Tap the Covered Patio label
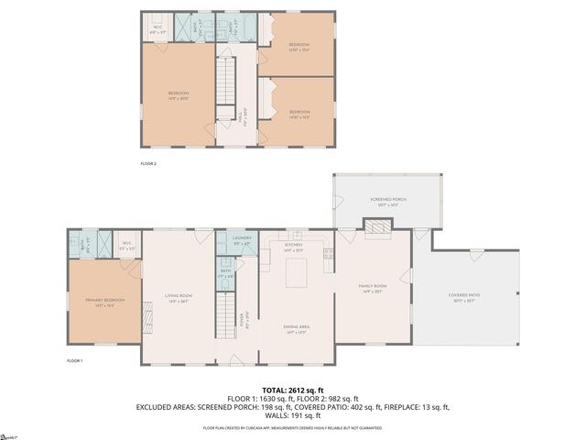click(464, 297)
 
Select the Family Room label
click(373, 289)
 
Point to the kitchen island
click(297, 273)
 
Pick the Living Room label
click(178, 297)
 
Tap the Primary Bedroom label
click(105, 302)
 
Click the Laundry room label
click(241, 240)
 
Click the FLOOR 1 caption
click(74, 361)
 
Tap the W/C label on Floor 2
click(157, 29)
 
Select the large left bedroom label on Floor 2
click(178, 95)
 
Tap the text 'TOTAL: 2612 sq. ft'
click(293, 390)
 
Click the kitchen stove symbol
click(328, 253)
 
